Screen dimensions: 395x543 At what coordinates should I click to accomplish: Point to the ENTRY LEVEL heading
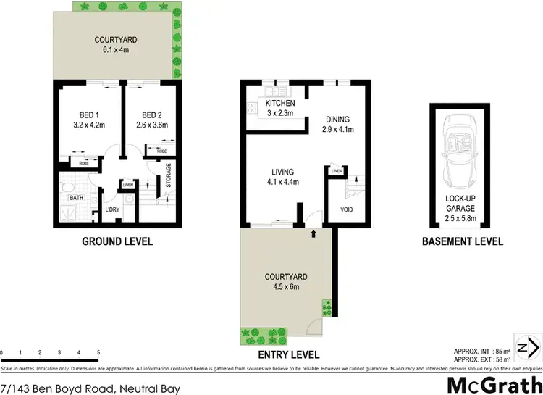coord(288,354)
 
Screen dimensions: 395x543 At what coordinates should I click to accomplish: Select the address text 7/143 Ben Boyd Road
coord(90,388)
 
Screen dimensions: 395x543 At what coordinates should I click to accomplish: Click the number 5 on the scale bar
coord(98,352)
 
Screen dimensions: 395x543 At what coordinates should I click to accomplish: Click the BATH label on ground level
coord(73,197)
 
